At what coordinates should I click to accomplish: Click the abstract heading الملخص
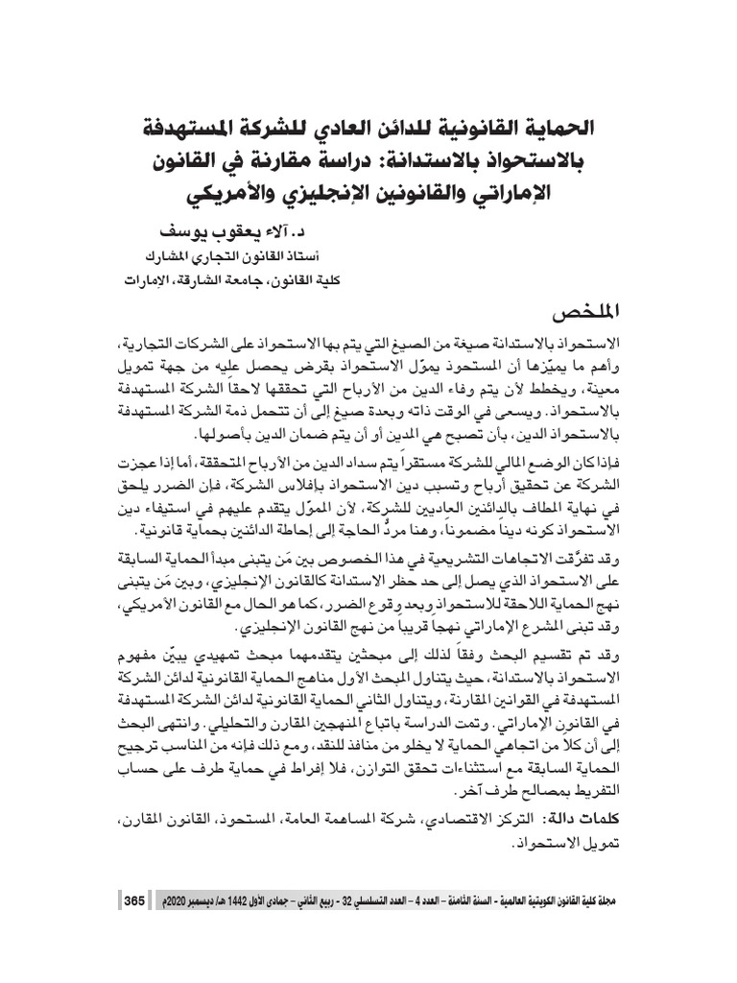(578, 314)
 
